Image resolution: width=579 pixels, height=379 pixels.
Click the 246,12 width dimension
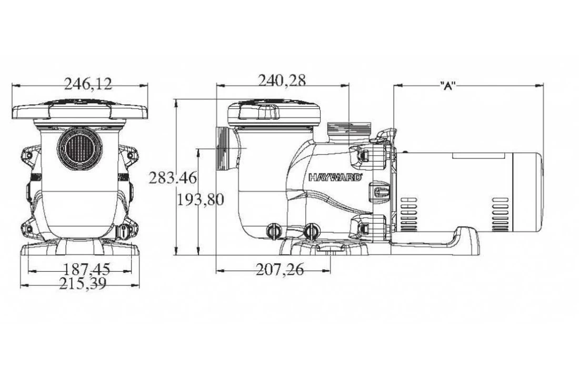(x=88, y=83)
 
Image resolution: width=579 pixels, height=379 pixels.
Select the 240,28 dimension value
(x=282, y=80)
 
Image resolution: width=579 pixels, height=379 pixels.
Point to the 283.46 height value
(x=172, y=178)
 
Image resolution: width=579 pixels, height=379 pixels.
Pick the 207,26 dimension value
(x=279, y=270)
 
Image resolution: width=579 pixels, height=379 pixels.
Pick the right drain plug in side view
(x=312, y=231)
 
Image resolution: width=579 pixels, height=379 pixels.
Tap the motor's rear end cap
(x=526, y=194)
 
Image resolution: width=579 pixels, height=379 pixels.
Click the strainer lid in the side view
(x=274, y=112)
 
